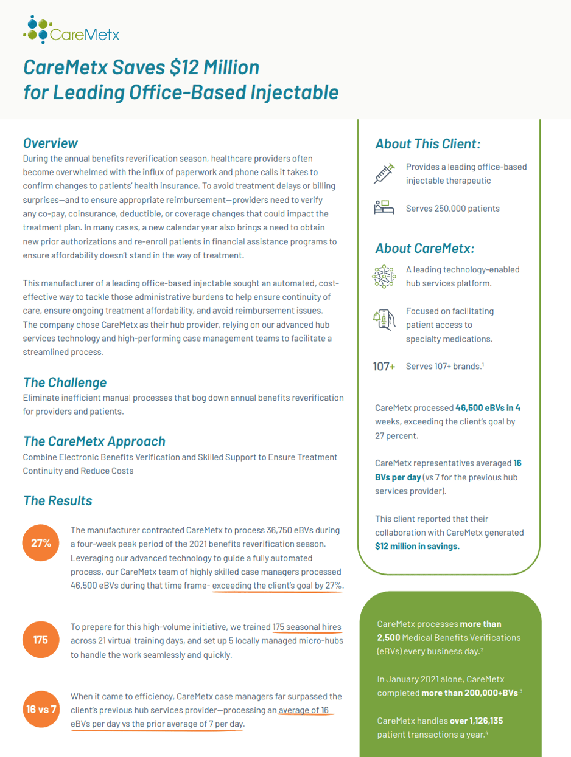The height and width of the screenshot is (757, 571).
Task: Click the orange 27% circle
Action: pos(41,543)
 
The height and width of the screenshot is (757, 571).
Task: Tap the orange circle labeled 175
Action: pos(41,640)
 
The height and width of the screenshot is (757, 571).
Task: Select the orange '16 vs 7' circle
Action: pos(41,710)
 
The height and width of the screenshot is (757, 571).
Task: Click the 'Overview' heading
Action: pos(51,143)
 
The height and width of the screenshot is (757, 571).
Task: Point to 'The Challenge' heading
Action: pos(65,382)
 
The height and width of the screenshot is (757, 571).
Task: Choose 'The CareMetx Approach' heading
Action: pos(94,441)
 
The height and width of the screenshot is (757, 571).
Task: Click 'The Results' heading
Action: pos(58,500)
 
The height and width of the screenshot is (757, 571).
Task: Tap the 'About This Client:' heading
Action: pos(428,144)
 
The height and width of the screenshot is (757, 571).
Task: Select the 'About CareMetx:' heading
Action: pos(425,248)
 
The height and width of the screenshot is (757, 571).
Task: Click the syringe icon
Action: pos(384,173)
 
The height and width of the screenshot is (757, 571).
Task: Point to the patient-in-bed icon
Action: pos(384,208)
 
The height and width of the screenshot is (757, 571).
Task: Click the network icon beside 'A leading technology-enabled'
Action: pos(384,275)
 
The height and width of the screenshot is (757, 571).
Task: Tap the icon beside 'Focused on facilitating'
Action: pos(384,318)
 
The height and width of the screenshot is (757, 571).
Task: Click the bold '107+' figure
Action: pos(384,366)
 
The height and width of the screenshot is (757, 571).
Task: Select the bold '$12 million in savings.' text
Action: pos(418,546)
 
